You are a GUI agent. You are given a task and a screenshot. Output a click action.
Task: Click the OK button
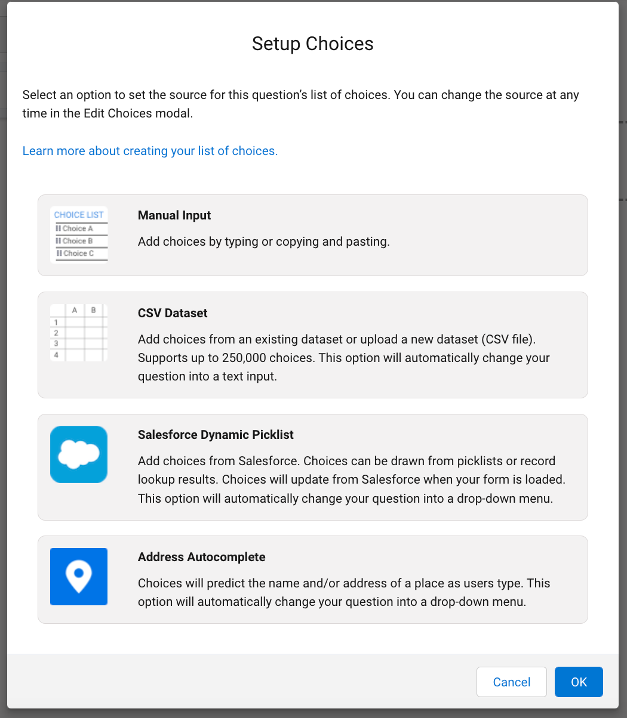(579, 682)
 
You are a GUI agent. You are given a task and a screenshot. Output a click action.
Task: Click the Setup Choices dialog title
(312, 44)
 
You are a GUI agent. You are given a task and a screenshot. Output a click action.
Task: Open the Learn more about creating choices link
(150, 151)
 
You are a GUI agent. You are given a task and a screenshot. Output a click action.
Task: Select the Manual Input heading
(174, 215)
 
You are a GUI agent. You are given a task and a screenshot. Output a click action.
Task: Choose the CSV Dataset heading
(173, 313)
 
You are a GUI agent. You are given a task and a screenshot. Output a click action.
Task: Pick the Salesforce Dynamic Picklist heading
(216, 435)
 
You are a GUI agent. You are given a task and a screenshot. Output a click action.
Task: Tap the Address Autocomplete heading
(201, 557)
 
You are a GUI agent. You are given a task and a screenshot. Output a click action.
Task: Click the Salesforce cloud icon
(79, 454)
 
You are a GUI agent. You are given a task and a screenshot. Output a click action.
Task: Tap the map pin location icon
(79, 577)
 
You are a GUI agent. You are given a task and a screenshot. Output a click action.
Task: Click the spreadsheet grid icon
(79, 333)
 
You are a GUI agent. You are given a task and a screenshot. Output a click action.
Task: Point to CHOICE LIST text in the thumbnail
(79, 215)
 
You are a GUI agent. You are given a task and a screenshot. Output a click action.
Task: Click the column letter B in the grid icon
(94, 310)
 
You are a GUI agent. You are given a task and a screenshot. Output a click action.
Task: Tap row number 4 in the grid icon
(56, 355)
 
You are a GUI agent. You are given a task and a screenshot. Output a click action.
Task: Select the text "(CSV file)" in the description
(509, 339)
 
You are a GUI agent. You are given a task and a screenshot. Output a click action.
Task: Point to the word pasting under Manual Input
(367, 242)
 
